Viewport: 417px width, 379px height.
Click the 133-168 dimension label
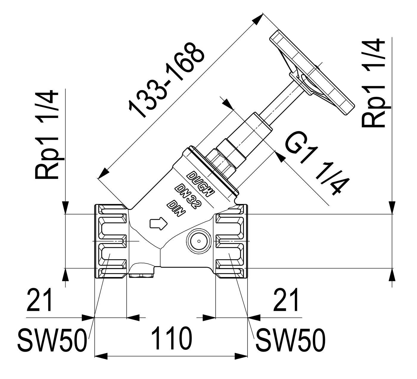click(x=166, y=80)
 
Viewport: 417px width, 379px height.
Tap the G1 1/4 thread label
click(x=317, y=163)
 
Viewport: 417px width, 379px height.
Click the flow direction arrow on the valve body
click(x=159, y=224)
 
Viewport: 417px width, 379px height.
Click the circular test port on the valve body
click(x=199, y=241)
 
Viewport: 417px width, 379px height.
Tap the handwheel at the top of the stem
click(x=312, y=73)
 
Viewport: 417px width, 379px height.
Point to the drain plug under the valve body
click(x=141, y=276)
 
